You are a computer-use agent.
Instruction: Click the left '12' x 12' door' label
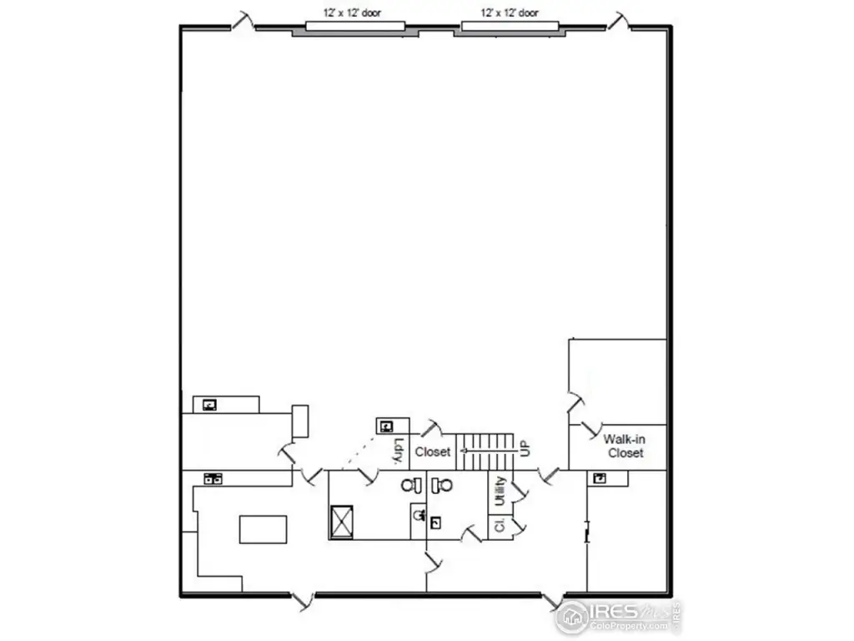coord(353,13)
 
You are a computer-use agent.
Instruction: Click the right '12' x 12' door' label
coord(510,13)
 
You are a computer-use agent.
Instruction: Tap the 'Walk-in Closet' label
coord(625,446)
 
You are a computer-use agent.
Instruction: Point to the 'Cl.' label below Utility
coord(500,527)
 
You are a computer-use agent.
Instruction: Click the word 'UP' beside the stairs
coord(525,448)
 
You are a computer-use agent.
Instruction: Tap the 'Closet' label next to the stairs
coord(433,452)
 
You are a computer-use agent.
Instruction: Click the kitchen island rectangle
coord(263,529)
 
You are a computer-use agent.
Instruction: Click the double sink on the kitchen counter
coord(213,478)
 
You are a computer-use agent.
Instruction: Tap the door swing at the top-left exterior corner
coord(243,20)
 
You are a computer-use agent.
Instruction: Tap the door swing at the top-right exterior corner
coord(618,20)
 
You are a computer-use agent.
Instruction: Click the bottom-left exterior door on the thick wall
coord(302,598)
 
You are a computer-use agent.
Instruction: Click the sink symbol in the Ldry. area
coord(386,426)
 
